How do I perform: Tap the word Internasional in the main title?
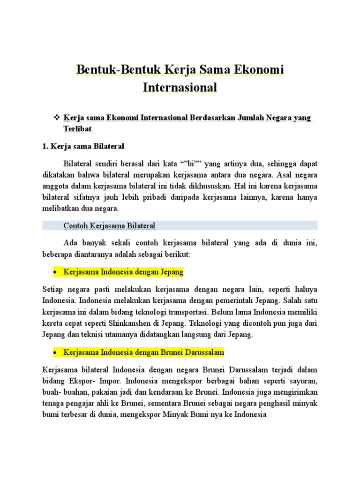pyautogui.click(x=180, y=87)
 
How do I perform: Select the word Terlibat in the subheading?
pyautogui.click(x=77, y=128)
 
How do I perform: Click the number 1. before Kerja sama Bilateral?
pyautogui.click(x=45, y=147)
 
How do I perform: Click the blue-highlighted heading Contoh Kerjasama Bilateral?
pyautogui.click(x=109, y=226)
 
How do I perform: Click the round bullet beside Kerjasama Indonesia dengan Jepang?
pyautogui.click(x=55, y=272)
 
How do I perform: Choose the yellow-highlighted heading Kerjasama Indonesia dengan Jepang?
pyautogui.click(x=123, y=272)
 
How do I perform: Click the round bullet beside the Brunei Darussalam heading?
pyautogui.click(x=55, y=352)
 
